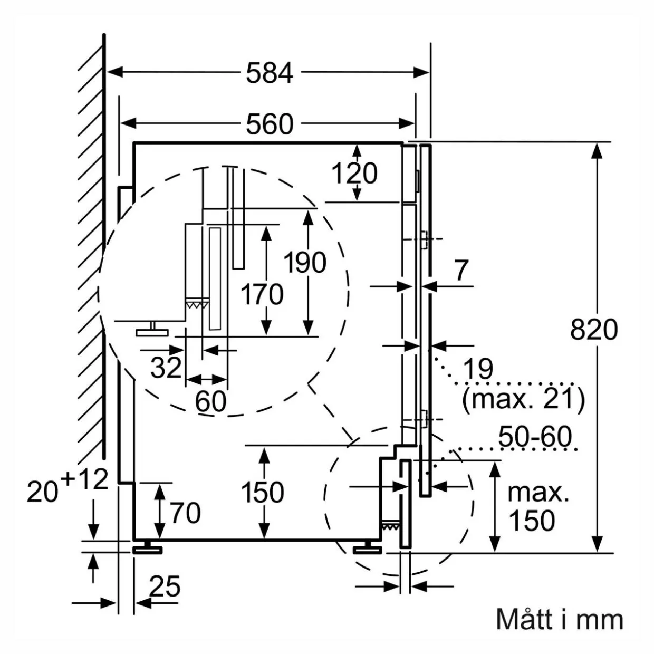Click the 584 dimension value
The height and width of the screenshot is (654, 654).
270,73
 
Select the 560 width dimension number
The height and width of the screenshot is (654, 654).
270,124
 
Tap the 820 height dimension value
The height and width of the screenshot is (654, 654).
594,329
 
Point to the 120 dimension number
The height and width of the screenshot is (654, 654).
354,173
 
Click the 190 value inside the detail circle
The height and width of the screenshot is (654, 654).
305,262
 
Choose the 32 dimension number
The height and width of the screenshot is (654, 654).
166,368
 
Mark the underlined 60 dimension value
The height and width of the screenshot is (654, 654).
210,401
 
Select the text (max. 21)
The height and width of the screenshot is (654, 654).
524,399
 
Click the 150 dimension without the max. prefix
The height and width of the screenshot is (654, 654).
262,493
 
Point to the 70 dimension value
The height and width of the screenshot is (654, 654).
185,513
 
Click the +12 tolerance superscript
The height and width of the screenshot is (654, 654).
84,479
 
